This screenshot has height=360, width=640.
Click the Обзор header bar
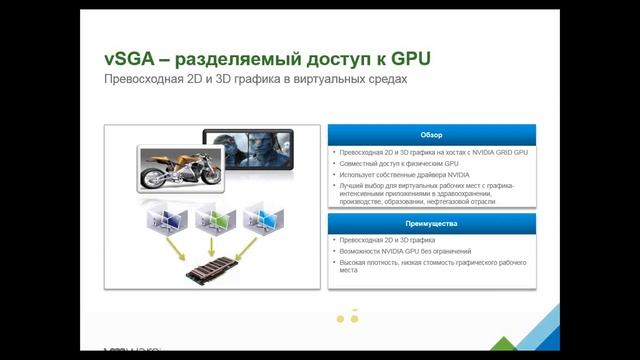point(431,134)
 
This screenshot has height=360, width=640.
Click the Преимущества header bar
point(431,221)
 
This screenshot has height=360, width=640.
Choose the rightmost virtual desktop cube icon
point(263,217)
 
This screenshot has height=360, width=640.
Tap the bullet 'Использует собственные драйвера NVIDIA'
point(400,174)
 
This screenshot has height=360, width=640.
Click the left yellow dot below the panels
point(340,319)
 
